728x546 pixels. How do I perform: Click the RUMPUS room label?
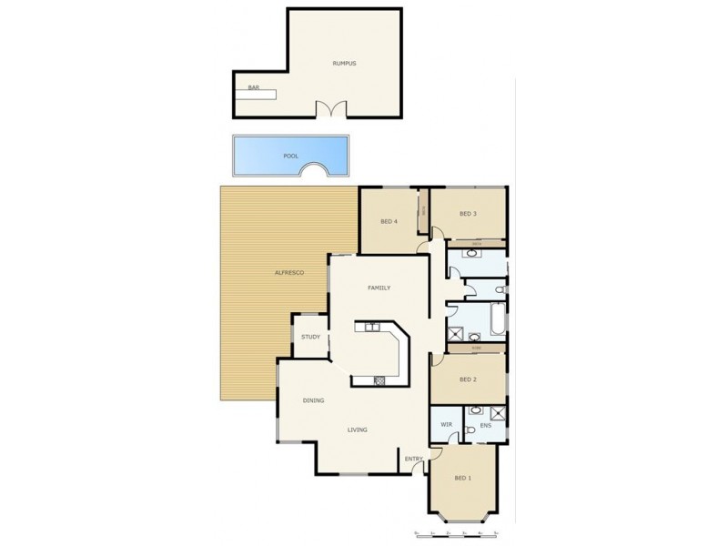point(343,63)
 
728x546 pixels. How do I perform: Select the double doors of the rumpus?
point(331,110)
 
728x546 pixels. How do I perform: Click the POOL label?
point(290,156)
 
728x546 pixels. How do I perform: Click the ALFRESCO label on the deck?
point(288,273)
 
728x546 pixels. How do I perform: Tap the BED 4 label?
point(388,221)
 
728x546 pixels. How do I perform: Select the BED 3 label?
point(468,214)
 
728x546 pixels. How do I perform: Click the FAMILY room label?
point(379,288)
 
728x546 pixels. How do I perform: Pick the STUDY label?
point(310,337)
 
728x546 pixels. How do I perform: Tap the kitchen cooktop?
point(381,379)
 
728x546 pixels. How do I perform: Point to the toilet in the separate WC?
point(499,290)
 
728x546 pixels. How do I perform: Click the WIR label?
point(446,424)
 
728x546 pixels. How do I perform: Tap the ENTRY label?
point(414,459)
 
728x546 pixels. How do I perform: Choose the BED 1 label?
point(463,478)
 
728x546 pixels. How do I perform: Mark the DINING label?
point(314,400)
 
